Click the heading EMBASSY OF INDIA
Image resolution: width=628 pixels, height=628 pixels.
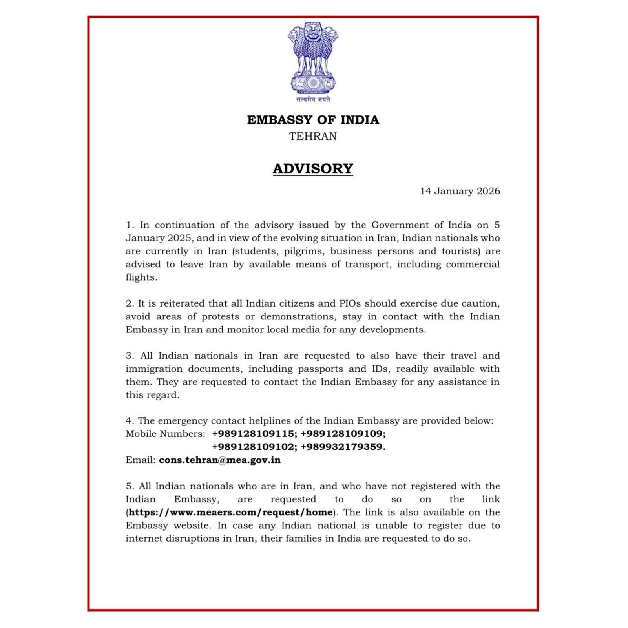(313, 120)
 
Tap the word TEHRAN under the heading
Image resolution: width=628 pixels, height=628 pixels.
(313, 136)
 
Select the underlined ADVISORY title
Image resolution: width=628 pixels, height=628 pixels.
(313, 169)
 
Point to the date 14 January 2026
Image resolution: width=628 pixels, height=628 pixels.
(460, 191)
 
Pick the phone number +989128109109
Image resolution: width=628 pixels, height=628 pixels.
(343, 434)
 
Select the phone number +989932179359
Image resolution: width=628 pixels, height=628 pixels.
(343, 447)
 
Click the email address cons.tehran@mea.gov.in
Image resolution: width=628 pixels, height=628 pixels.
(219, 460)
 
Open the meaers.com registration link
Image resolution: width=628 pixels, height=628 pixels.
(230, 512)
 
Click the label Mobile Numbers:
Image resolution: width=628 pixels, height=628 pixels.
(165, 434)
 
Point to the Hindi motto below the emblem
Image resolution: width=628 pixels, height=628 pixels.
(313, 100)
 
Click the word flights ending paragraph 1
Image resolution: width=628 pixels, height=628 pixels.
(141, 277)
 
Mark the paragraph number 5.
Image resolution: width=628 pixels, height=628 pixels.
(130, 486)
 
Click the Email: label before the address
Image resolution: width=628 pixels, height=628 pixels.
(141, 460)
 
